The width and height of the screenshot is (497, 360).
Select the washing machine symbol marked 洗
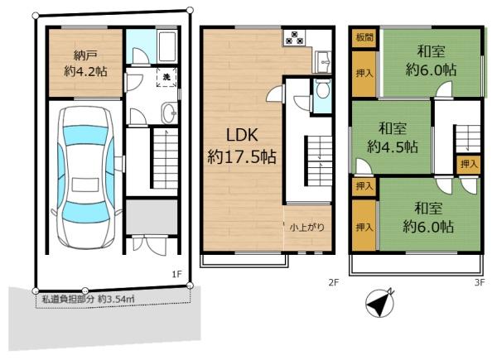tap(166, 77)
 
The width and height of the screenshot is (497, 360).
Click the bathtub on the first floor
tap(167, 46)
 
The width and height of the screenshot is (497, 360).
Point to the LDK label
tap(243, 135)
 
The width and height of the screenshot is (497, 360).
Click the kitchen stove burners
tap(294, 37)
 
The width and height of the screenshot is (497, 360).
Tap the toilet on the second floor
tap(323, 89)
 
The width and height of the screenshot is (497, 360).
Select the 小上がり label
tap(307, 228)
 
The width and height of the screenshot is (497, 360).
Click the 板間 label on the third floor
tap(364, 37)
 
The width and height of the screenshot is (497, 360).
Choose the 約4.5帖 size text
tap(392, 147)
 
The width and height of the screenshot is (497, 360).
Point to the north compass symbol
tap(380, 303)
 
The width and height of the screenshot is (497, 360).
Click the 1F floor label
tap(177, 274)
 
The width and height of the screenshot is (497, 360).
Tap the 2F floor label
tap(334, 282)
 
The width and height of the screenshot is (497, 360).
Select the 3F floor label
tap(480, 282)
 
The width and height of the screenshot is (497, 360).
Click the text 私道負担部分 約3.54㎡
tap(89, 299)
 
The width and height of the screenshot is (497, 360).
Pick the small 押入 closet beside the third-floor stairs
tap(469, 165)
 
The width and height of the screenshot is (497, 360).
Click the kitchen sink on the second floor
tap(323, 61)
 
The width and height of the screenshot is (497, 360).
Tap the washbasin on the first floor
tap(170, 113)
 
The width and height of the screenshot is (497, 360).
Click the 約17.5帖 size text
tap(242, 156)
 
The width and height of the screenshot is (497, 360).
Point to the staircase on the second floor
tap(319, 161)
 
